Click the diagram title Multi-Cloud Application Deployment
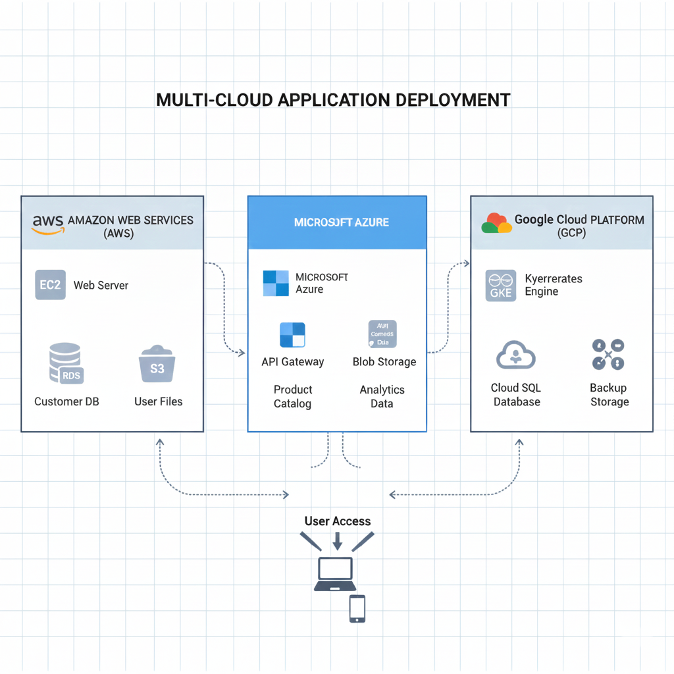tap(333, 100)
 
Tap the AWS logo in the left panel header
tap(47, 224)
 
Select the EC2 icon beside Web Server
tap(50, 285)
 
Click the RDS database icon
tap(66, 363)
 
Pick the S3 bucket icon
tap(157, 364)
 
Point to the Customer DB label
tap(66, 402)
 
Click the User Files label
tap(158, 402)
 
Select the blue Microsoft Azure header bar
tap(337, 222)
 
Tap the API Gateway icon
tap(292, 334)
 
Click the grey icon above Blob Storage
tap(382, 334)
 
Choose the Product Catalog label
tap(293, 396)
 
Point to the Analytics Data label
tap(382, 396)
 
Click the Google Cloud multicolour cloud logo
tap(496, 223)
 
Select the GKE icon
tap(501, 286)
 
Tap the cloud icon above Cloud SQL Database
tap(515, 355)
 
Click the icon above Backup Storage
tap(608, 355)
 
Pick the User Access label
tap(338, 521)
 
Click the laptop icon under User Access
tap(335, 574)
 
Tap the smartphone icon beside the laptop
tap(357, 608)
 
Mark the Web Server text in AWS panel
tap(101, 286)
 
